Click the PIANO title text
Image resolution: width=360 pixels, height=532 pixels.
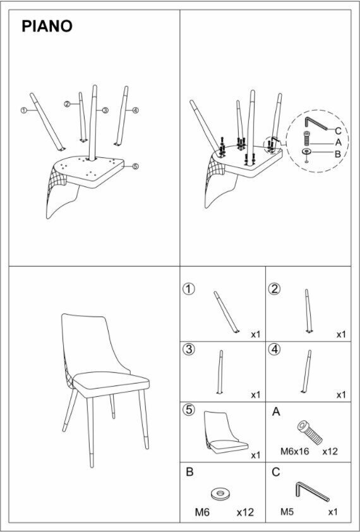point(47,27)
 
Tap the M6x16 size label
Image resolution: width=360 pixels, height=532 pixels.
point(294,452)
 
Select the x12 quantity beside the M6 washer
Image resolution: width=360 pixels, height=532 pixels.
point(245,512)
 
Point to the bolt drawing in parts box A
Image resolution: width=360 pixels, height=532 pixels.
point(309,433)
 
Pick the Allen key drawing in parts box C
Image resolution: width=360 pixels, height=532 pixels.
point(312,492)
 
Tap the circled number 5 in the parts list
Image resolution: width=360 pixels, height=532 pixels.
point(189,410)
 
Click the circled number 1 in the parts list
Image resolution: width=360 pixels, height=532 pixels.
point(189,289)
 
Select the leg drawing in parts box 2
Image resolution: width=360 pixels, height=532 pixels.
point(308,311)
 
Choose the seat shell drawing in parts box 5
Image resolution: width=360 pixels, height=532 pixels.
point(225,433)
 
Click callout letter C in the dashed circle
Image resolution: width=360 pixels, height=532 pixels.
point(338,131)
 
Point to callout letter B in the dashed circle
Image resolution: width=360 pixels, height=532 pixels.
point(338,154)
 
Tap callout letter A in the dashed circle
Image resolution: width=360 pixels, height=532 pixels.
point(338,143)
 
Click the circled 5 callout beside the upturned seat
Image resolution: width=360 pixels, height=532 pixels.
point(135,166)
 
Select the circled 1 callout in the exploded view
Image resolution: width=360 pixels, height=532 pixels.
point(24,111)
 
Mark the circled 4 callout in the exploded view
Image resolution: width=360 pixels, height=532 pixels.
point(135,111)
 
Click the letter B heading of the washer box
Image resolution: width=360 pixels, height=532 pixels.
point(189,472)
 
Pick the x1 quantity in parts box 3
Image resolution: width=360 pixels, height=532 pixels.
point(256,395)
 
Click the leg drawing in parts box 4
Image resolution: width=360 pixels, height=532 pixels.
point(306,372)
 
